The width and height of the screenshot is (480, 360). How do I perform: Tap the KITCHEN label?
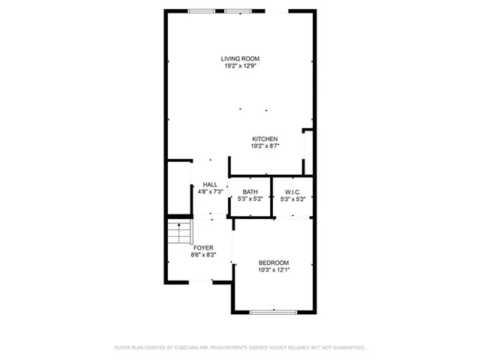pos(265,139)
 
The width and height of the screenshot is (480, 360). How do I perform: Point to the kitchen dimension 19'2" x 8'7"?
pos(265,146)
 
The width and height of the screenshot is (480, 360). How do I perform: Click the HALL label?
pos(210,184)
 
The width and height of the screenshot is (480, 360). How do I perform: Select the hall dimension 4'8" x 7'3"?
pos(210,192)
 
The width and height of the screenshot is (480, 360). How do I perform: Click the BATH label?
pos(250,192)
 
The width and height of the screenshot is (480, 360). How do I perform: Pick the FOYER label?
pos(203,247)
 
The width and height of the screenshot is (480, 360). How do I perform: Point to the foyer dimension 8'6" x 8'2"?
pos(203,255)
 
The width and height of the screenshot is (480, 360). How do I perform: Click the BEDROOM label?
pos(273,262)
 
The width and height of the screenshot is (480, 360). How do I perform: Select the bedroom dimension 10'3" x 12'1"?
pos(273,270)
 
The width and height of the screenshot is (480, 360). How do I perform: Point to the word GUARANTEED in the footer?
pos(346,348)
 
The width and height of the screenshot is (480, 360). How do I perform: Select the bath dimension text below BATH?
pos(250,199)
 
